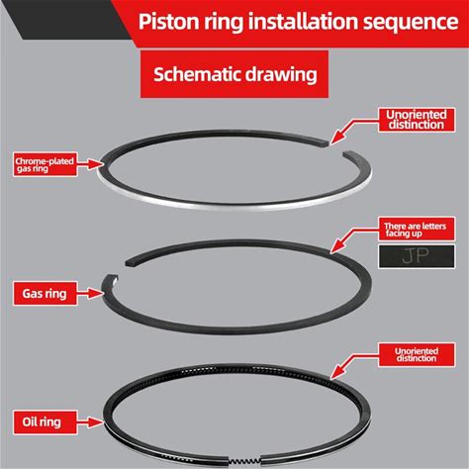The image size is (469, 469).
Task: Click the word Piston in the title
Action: click(167, 22)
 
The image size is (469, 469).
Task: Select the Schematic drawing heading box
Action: click(234, 74)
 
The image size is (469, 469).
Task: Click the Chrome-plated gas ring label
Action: click(46, 164)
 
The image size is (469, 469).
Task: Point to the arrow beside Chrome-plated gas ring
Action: click(89, 163)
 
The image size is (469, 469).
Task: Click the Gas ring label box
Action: click(45, 293)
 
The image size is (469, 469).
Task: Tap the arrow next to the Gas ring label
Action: click(89, 293)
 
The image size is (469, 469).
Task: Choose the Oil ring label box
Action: click(45, 422)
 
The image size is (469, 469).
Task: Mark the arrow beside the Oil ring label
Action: click(89, 422)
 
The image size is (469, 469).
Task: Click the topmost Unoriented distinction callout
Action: click(417, 120)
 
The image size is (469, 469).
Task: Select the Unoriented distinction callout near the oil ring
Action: click(417, 354)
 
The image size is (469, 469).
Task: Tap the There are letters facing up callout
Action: click(417, 229)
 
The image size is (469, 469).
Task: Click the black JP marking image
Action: click(417, 256)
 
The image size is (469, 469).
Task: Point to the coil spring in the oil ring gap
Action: click(244, 461)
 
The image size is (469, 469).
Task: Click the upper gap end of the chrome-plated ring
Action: click(324, 142)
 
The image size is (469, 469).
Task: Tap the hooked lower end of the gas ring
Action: click(112, 279)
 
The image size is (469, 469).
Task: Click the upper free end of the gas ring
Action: click(130, 263)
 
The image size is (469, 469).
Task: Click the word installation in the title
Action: click(304, 22)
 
